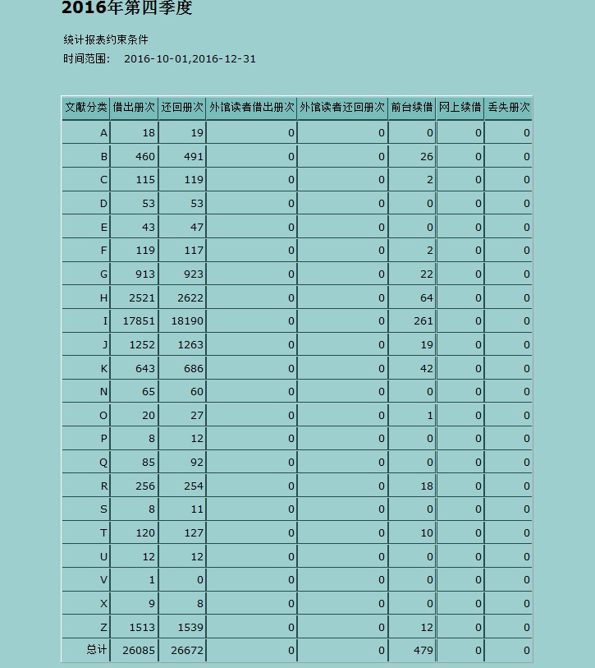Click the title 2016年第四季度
126,9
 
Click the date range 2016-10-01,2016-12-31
190,59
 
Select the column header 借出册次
134,108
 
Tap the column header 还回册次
182,108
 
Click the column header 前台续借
411,108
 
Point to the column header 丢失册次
508,108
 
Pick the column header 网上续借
460,108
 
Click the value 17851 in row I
139,321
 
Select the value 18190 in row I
187,321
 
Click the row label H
103,298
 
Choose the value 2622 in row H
190,298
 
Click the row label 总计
97,650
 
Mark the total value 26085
139,651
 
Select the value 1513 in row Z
141,628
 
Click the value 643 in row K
144,369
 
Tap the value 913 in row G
144,274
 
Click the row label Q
103,463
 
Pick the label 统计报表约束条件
106,39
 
